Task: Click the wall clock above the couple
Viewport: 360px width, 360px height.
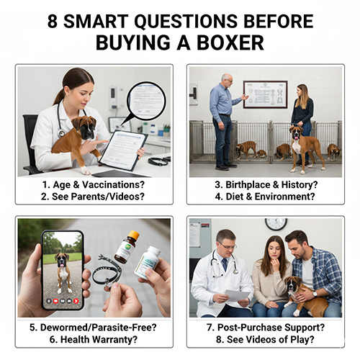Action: coord(275,224)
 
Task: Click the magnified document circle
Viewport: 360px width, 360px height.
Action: coord(147,107)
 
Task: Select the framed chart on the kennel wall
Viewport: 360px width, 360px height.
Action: coord(264,94)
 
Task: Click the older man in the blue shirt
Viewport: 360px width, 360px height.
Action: coord(223,119)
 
